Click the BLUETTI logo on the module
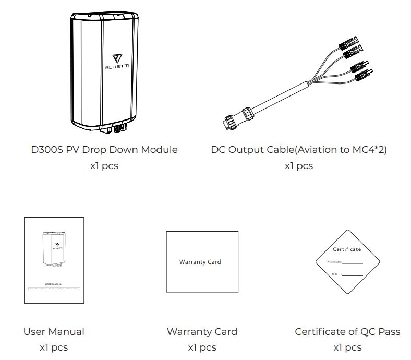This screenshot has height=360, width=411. [x=116, y=63]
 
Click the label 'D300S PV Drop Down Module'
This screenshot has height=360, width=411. [x=104, y=150]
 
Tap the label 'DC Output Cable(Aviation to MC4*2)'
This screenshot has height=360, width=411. [x=299, y=150]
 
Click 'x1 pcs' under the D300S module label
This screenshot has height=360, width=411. [x=104, y=166]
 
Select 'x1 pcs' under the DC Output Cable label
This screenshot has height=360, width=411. [x=299, y=166]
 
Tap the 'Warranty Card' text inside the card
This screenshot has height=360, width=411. [x=200, y=262]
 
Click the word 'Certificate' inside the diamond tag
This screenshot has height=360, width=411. [x=347, y=249]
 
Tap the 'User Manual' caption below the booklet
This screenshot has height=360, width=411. [x=54, y=331]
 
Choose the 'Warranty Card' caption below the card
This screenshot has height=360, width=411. [x=202, y=331]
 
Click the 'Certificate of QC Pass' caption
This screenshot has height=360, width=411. [x=347, y=331]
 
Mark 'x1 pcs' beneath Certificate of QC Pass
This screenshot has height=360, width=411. [x=347, y=347]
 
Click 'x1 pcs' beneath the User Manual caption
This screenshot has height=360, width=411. [x=54, y=347]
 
